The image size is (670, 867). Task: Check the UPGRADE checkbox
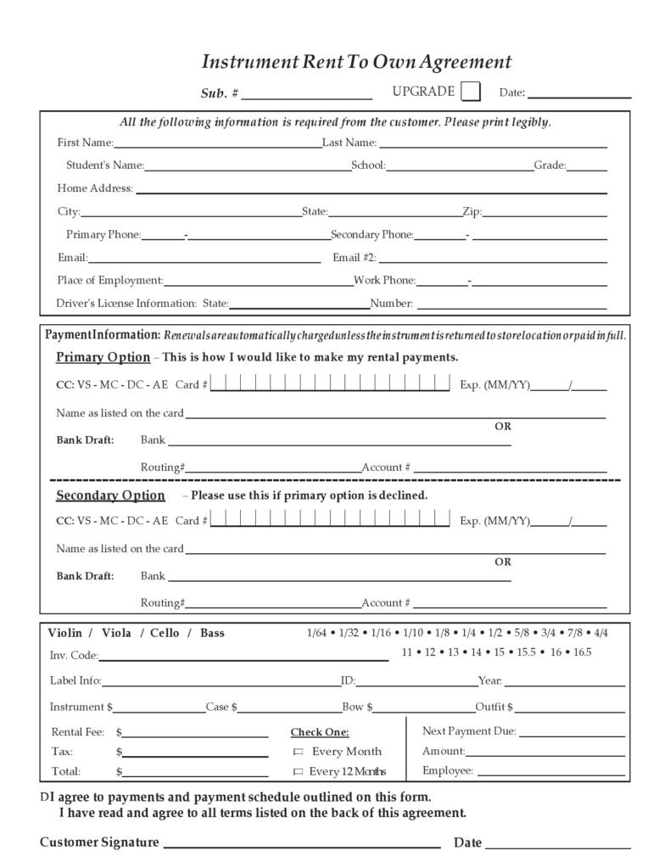[x=471, y=91]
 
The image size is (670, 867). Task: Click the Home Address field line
[x=371, y=191]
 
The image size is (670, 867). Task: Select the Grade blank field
[x=587, y=168]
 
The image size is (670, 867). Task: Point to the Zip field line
[x=544, y=214]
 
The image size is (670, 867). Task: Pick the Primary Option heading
[x=103, y=357]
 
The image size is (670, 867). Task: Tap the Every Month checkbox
[x=298, y=752]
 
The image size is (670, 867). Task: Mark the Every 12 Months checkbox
[x=298, y=772]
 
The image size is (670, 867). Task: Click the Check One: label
[x=320, y=732]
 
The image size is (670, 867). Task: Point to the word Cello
[x=165, y=633]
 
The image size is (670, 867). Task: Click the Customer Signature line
[x=301, y=845]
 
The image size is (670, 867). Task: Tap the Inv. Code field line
[x=243, y=657]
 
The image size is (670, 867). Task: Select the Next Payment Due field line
[x=572, y=735]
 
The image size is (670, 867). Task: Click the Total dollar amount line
[x=196, y=775]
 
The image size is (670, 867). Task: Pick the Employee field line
[x=550, y=775]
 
